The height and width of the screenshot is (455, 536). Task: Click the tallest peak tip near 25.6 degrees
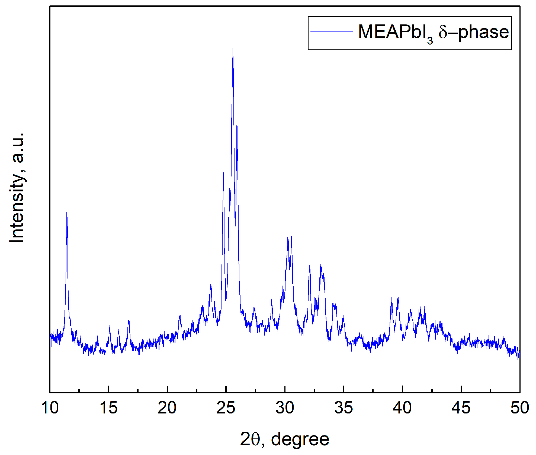point(233,49)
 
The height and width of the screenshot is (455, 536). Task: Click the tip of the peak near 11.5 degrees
point(67,208)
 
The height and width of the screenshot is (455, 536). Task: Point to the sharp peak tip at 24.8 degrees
point(223,173)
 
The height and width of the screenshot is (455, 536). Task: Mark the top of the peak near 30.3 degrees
point(288,233)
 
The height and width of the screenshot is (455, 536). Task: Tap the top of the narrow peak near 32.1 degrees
point(309,266)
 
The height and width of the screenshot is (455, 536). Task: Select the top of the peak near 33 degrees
point(321,265)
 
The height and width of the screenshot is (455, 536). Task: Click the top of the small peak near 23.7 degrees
point(211,285)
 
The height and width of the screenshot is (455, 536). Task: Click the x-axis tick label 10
point(50,408)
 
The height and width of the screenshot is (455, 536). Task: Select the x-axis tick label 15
point(108,408)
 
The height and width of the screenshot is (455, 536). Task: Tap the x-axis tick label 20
point(167,408)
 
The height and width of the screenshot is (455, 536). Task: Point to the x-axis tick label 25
point(226,408)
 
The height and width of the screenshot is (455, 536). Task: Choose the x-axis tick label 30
point(285,408)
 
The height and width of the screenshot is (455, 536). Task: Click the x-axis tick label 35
point(344,408)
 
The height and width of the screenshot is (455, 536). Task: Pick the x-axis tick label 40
point(402,408)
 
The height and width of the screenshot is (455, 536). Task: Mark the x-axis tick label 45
point(461,408)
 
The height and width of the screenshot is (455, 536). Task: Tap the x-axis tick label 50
point(519,408)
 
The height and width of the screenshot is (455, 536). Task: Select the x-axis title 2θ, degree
point(284,439)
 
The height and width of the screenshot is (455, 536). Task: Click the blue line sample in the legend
point(331,32)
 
